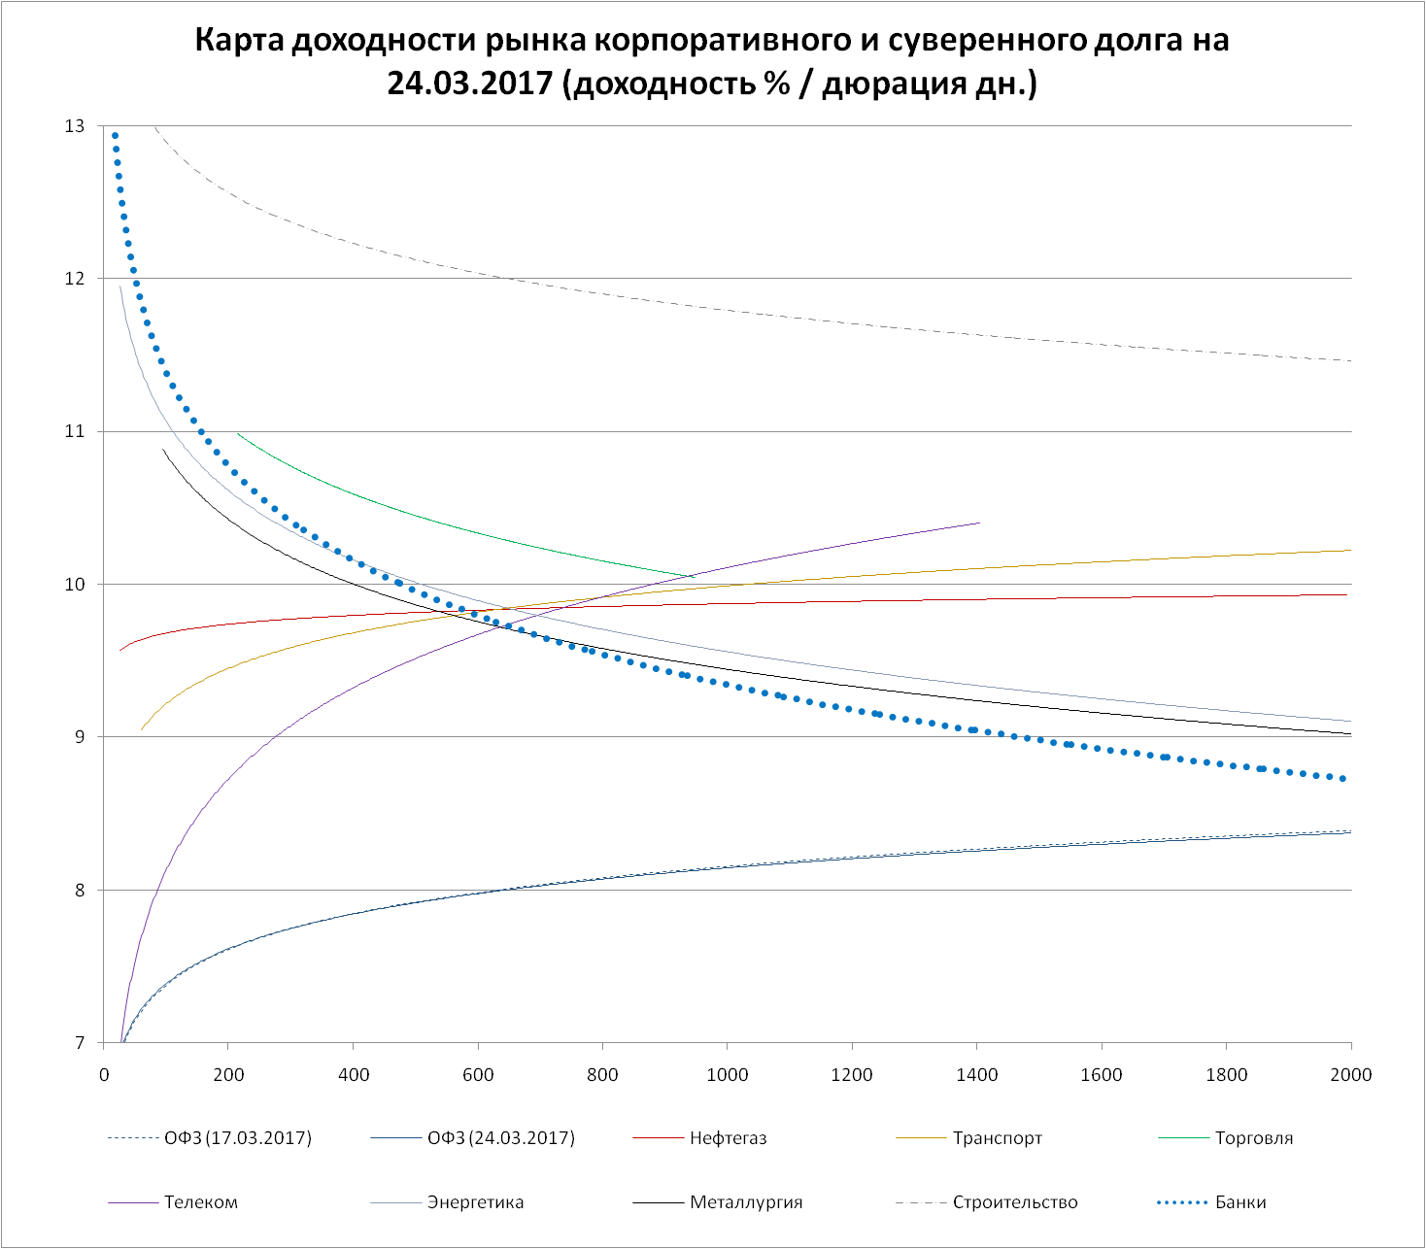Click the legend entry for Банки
click(1240, 1202)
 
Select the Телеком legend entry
click(201, 1202)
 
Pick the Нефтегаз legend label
click(728, 1138)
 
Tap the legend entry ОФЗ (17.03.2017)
click(238, 1138)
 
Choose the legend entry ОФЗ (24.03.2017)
click(501, 1138)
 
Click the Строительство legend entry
click(1015, 1202)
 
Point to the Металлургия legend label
click(746, 1202)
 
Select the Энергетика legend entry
click(475, 1202)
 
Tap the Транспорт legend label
click(998, 1138)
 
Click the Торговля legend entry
click(1254, 1138)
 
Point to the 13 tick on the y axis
click(75, 126)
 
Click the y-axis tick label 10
click(75, 585)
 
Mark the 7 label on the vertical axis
click(79, 1043)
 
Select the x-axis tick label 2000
click(1351, 1074)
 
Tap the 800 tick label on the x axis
click(602, 1074)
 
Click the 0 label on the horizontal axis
click(104, 1074)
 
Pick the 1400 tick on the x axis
click(977, 1074)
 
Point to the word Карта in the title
click(239, 41)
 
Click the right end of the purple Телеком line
click(979, 523)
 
